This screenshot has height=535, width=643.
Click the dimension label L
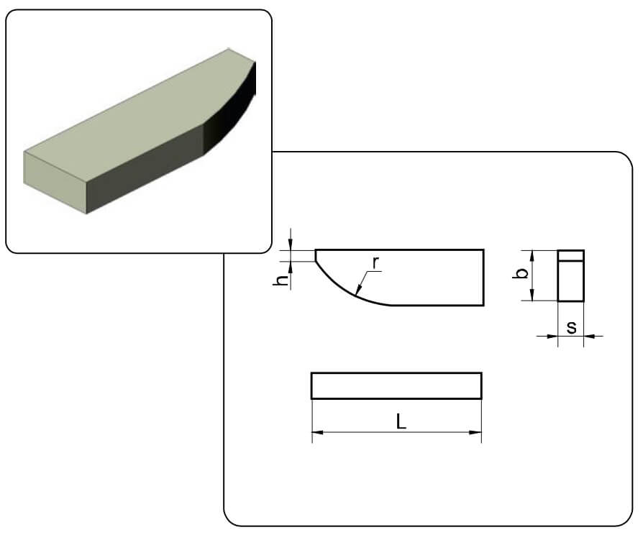(401, 421)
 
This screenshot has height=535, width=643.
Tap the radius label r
(375, 263)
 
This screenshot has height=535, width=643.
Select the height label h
(282, 280)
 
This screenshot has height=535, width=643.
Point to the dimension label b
(521, 273)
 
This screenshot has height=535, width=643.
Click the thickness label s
(571, 327)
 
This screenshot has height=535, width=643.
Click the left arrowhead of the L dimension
(318, 432)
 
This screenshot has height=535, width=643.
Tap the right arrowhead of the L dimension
(475, 432)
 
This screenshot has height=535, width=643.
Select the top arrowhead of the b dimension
(532, 256)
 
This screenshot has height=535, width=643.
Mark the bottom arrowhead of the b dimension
(532, 294)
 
